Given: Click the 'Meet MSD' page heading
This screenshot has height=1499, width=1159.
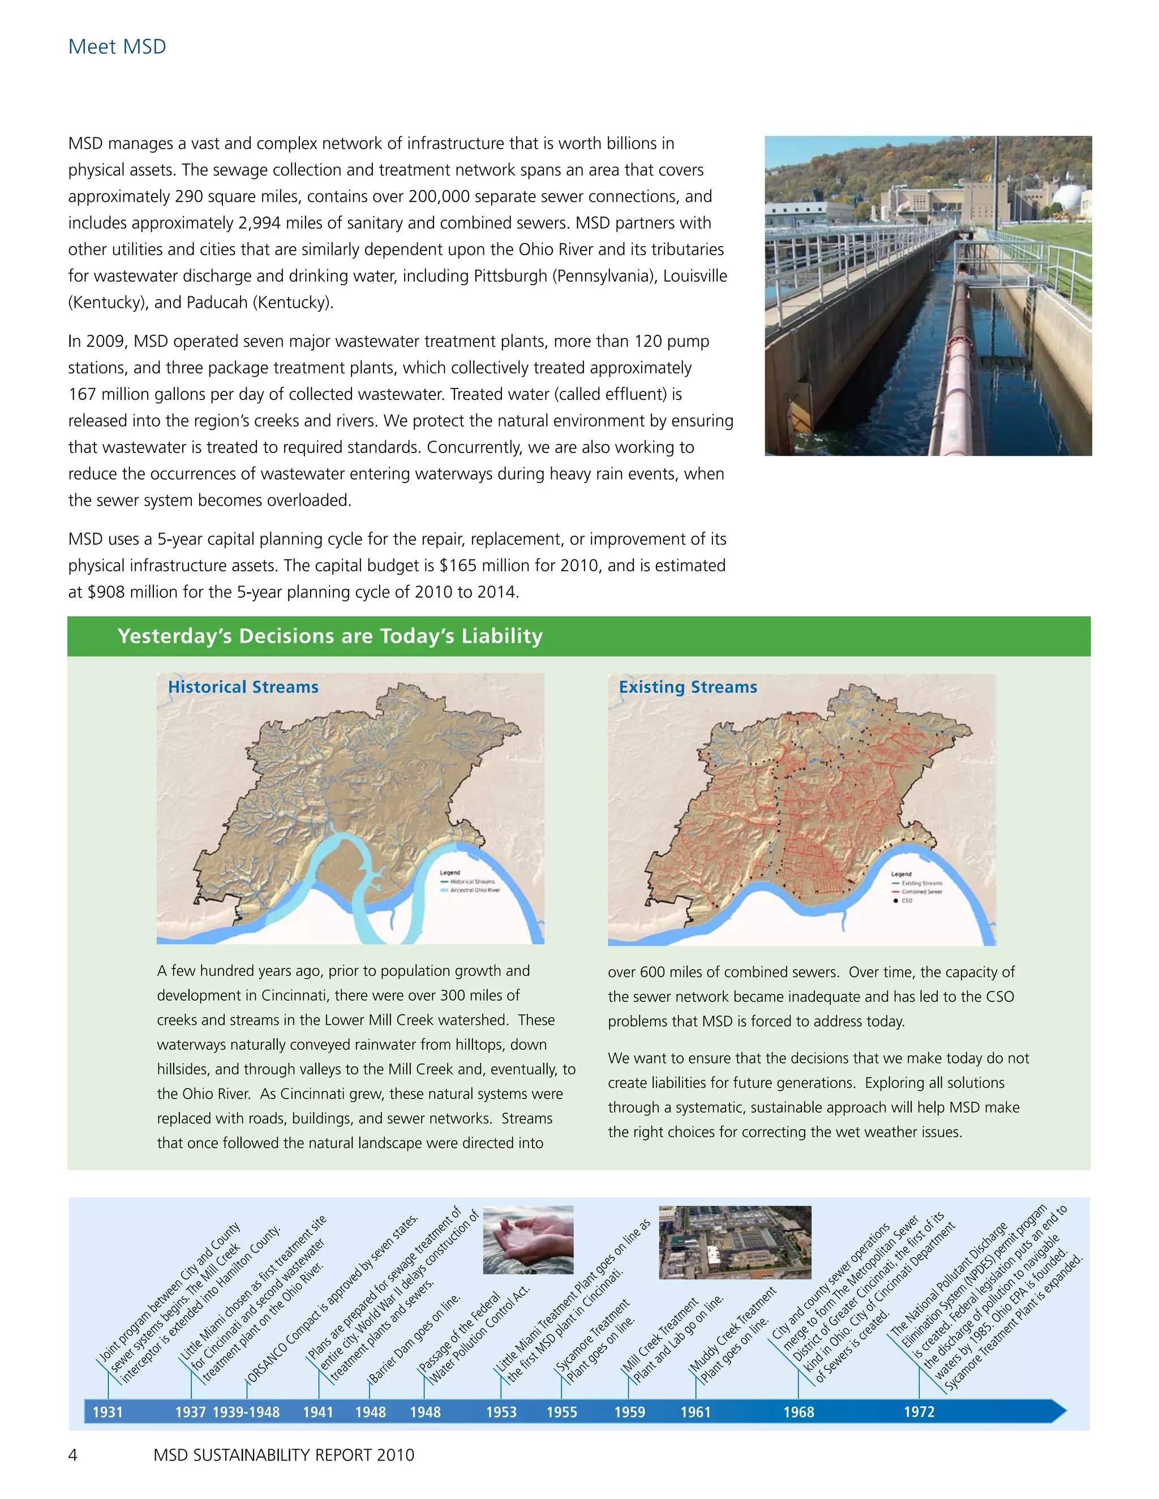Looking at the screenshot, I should (x=117, y=47).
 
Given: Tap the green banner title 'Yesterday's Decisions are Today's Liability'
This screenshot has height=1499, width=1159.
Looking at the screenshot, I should (x=329, y=636).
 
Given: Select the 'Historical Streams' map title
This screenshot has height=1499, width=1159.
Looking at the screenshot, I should (x=243, y=687).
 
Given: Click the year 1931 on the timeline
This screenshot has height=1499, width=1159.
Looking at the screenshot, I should (x=108, y=1412).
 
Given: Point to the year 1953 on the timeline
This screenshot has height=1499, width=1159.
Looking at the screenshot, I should (x=501, y=1412).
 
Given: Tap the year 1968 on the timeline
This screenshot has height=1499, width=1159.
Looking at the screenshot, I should (x=799, y=1412).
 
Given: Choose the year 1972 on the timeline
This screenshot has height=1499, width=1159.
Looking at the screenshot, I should (x=918, y=1411).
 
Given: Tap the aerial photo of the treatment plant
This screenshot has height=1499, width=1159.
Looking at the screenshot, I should (x=735, y=1242).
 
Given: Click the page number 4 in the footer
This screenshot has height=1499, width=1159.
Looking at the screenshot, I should (x=73, y=1455).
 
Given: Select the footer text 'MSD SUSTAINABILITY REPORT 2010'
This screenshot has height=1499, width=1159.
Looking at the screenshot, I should (x=284, y=1455).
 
